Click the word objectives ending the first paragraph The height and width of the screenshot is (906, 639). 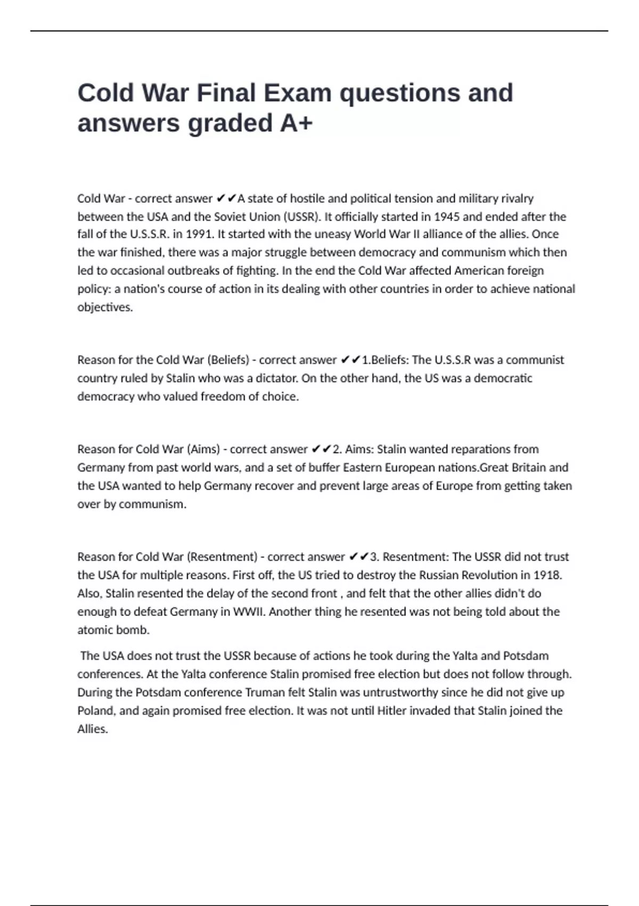point(104,307)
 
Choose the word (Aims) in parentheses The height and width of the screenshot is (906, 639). point(203,449)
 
